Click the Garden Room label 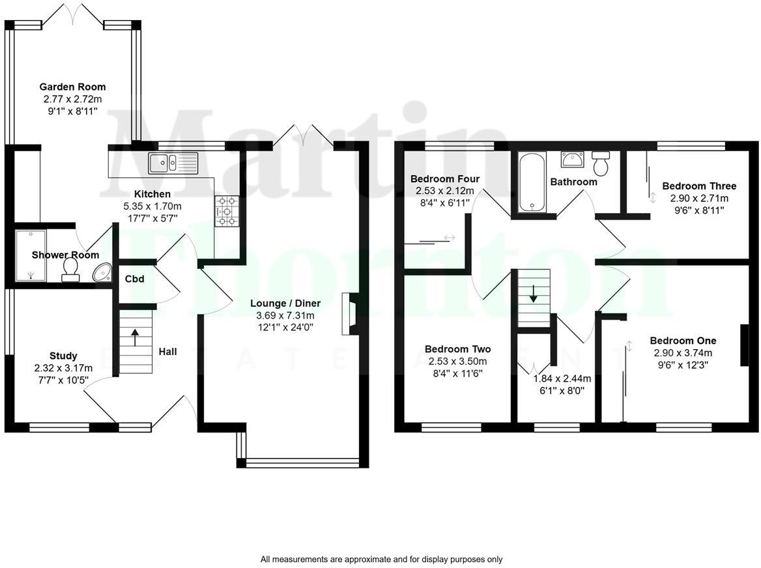[72, 87]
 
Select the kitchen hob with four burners [226, 211]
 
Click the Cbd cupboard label [134, 279]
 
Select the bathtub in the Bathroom [532, 182]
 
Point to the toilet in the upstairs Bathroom [601, 163]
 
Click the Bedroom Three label [699, 186]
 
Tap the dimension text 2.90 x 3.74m [683, 353]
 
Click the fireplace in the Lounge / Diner [349, 314]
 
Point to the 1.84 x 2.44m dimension [562, 378]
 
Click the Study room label [63, 356]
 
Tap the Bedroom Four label [444, 179]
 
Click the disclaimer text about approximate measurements [381, 559]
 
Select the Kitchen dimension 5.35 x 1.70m [152, 206]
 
